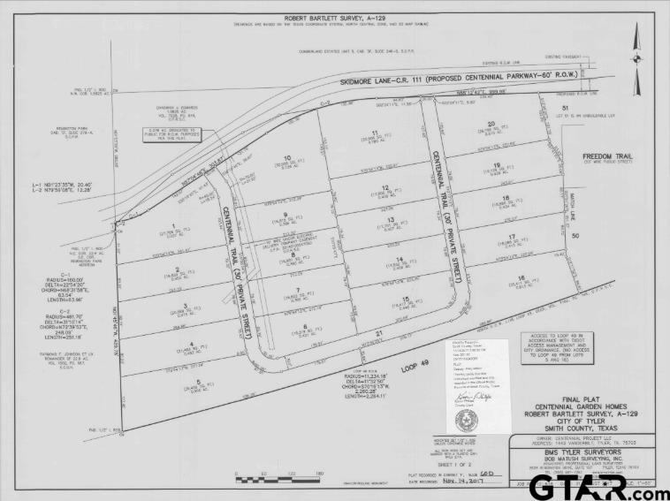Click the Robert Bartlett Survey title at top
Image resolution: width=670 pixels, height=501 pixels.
click(334, 18)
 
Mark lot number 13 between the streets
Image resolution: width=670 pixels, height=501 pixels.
click(390, 220)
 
